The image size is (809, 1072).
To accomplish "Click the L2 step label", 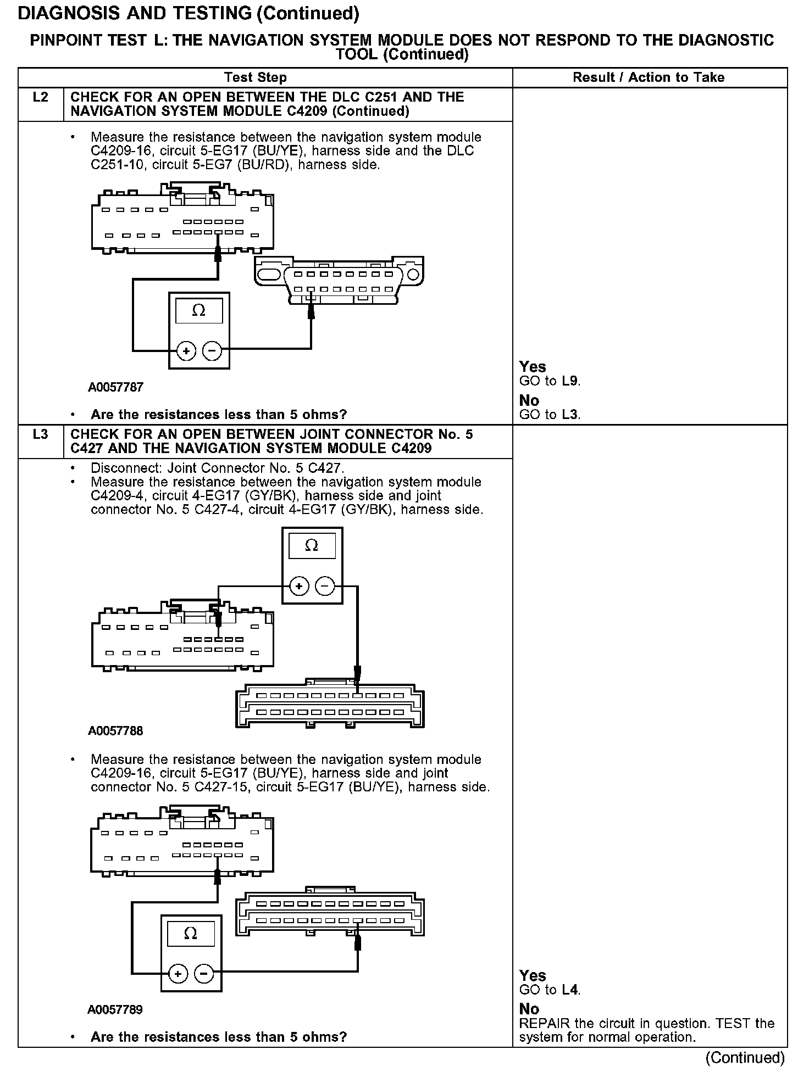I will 41,98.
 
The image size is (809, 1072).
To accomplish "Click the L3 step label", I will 41,434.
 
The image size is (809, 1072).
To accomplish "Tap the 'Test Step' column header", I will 256,77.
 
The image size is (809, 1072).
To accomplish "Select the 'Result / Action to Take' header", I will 649,77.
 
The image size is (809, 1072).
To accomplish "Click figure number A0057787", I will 115,387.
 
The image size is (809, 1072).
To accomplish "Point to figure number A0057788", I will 115,731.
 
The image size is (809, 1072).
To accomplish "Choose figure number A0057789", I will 115,1009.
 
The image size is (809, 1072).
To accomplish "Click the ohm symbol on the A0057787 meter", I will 199,311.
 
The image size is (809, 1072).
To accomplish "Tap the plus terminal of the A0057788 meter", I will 299,587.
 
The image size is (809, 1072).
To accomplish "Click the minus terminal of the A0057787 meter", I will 212,350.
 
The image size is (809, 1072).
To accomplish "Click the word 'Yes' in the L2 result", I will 533,367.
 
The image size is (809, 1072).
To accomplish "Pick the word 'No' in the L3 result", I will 529,1009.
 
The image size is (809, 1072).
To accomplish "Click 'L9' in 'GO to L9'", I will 570,381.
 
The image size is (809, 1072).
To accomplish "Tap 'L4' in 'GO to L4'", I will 570,990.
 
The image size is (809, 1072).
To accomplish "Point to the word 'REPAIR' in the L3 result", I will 545,1024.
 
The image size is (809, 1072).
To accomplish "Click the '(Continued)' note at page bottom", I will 745,1057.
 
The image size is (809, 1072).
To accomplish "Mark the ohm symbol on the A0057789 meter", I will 191,934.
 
